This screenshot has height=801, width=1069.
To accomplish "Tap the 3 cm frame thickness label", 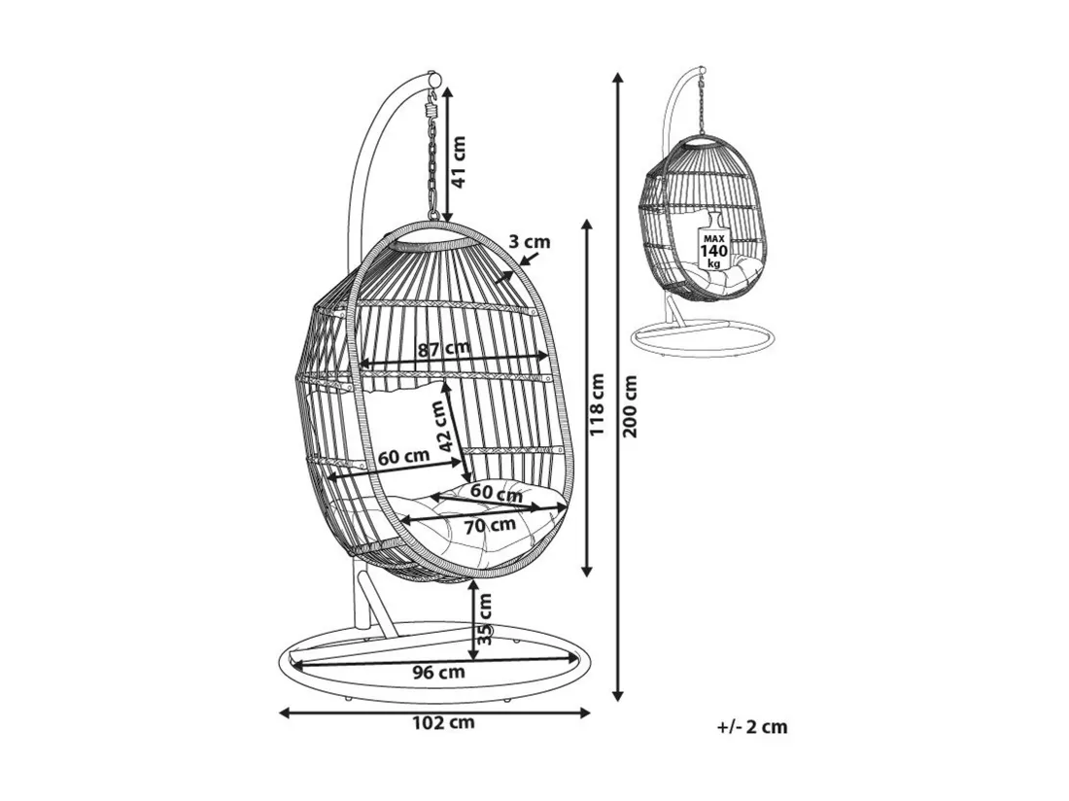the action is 529,241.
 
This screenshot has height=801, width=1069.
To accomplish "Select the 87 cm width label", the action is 444,349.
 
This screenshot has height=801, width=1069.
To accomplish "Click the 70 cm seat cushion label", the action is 490,526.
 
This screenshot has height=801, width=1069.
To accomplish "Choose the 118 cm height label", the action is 597,405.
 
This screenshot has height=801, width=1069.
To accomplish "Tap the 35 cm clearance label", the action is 484,619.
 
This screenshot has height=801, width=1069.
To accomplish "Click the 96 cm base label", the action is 438,672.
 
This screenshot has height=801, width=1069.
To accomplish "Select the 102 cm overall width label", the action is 443,722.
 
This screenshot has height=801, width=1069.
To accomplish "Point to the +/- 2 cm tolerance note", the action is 752,727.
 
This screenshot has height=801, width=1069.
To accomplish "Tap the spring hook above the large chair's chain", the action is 431,106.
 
